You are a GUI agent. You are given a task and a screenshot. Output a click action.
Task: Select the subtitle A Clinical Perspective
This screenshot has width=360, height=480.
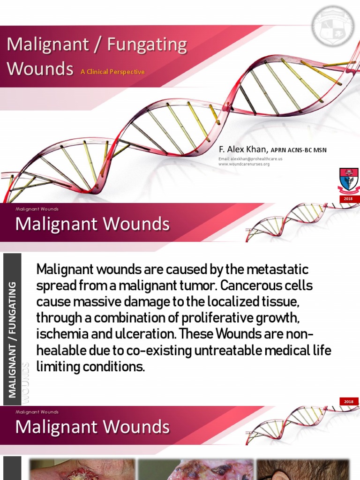point(112,72)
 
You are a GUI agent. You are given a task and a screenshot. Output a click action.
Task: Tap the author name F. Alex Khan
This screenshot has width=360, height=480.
point(243,150)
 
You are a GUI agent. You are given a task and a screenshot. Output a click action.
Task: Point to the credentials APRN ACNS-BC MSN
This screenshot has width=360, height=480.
point(299,150)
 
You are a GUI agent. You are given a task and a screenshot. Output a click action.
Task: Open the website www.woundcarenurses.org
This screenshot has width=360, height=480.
point(244,164)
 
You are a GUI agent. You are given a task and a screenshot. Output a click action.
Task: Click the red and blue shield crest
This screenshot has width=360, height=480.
point(348,181)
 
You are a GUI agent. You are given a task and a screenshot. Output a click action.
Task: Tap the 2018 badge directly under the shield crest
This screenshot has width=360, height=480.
point(349,199)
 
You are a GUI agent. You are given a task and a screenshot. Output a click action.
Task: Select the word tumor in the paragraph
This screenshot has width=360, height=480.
point(186,286)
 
